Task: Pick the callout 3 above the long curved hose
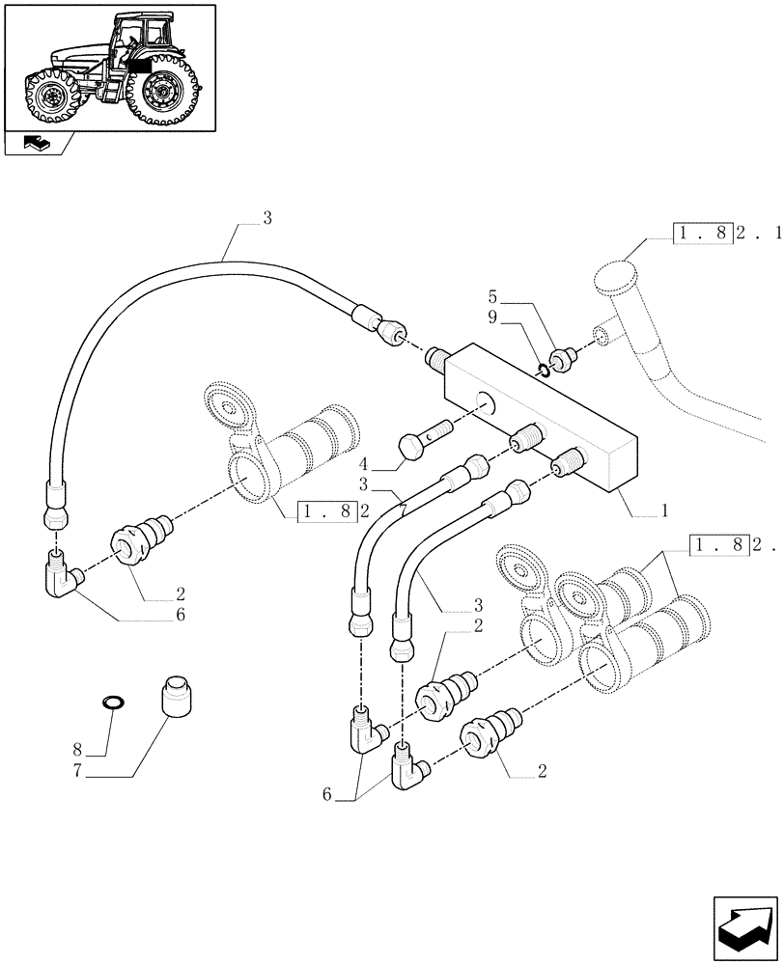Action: tap(267, 219)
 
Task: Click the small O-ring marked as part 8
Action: tap(112, 701)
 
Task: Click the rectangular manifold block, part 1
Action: tap(541, 415)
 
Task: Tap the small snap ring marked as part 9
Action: tap(546, 368)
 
